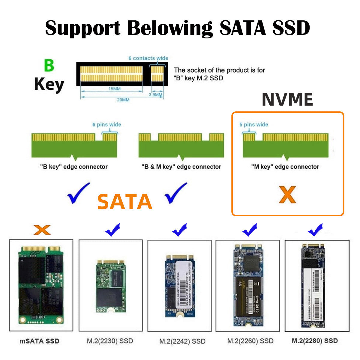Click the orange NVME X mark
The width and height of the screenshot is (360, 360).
pos(287,195)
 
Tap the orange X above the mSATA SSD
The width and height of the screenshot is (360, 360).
pos(42,230)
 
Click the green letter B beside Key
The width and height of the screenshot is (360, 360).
pos(49,65)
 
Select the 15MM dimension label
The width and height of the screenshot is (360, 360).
pos(114,89)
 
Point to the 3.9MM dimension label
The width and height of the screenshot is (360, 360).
pos(156,95)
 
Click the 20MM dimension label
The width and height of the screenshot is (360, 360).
pos(123,100)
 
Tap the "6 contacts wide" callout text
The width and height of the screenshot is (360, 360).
pos(148,58)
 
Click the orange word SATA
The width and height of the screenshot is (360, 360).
pos(125,202)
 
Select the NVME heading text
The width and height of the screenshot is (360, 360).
pos(287,100)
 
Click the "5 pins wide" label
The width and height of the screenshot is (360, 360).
pos(253,124)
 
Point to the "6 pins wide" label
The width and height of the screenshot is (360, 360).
pos(106,124)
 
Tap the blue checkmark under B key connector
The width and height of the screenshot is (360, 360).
pos(78,193)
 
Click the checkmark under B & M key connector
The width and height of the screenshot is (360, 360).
pos(175,193)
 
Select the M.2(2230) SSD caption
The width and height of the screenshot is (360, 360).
pos(110,341)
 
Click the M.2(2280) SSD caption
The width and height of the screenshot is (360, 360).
pos(315,341)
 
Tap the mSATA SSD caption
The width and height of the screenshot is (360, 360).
pos(39,341)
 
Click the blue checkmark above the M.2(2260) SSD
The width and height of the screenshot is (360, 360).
pos(250,230)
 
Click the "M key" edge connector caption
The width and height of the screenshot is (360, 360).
pos(285,167)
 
